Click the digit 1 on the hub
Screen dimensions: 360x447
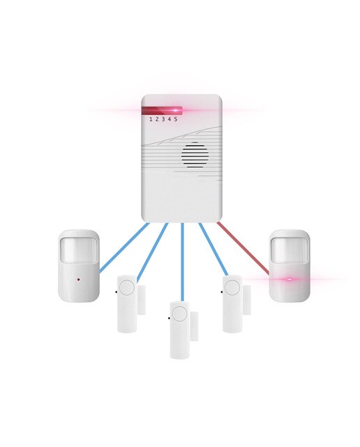[x=151, y=119]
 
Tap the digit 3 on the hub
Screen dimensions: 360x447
[x=163, y=119]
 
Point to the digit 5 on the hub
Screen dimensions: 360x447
[x=176, y=119]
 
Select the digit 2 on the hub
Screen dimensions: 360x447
[x=157, y=119]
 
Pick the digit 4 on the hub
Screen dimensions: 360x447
[x=170, y=119]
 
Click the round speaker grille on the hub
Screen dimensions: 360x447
[x=195, y=155]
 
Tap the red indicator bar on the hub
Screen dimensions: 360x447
[x=161, y=110]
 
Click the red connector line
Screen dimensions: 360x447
[x=243, y=248]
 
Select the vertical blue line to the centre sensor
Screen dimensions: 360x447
[x=183, y=263]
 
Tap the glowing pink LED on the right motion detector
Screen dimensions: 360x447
[x=290, y=279]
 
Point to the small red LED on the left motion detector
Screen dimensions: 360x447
[x=78, y=279]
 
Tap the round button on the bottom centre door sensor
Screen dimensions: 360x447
[x=179, y=313]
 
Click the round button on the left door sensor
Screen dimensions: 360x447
[x=127, y=287]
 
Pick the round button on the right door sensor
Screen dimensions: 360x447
[x=232, y=287]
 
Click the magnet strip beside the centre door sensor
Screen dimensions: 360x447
[x=194, y=326]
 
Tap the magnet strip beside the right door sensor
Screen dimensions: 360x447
[x=247, y=300]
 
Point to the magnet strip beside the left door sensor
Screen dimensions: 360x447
[x=142, y=300]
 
